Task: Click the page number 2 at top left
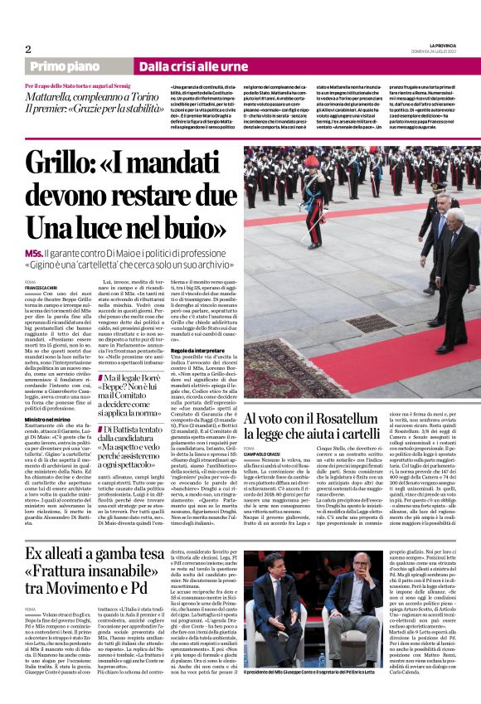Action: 28,49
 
